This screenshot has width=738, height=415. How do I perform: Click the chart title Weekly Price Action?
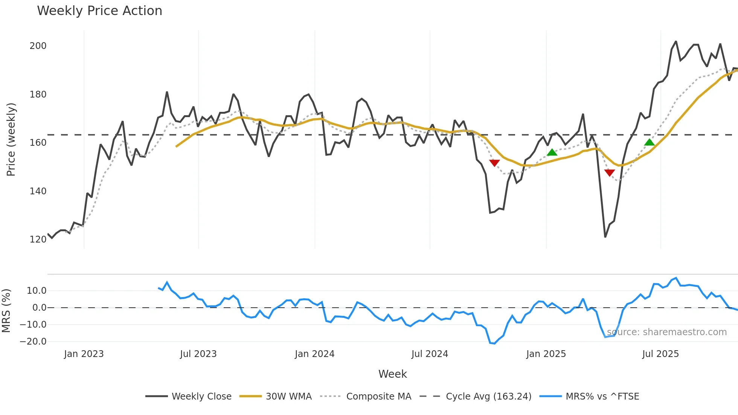pos(99,11)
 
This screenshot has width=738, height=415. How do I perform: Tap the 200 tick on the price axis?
pos(38,46)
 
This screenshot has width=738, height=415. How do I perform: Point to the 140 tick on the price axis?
pos(38,191)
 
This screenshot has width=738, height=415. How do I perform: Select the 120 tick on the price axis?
pos(38,240)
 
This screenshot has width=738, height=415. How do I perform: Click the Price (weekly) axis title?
pos(11,139)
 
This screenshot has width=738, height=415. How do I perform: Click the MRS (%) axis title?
pos(6,311)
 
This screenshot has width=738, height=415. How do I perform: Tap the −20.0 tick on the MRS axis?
pos(33,342)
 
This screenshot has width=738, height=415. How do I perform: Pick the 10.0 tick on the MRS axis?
pos(37,291)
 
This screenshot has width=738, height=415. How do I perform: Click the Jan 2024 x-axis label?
pos(314,354)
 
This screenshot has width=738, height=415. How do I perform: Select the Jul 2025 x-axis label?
pos(660,354)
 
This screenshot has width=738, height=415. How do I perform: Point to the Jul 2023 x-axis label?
pos(198,354)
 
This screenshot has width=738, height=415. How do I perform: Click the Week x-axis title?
pos(392,374)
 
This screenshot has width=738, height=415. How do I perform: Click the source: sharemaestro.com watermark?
pos(666,332)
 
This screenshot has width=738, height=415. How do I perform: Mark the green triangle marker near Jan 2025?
pos(552,153)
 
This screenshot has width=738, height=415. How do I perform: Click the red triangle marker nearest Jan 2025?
pos(494,163)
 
